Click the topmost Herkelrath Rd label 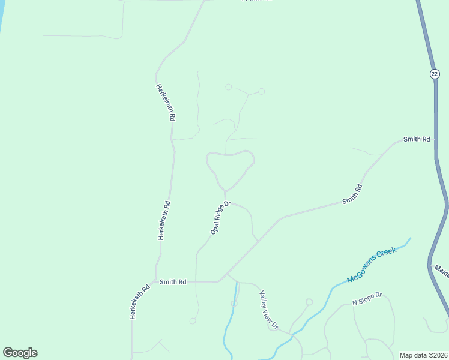click(165, 103)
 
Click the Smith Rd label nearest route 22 click(417, 139)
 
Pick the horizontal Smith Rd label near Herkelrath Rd click(173, 281)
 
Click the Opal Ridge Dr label click(220, 217)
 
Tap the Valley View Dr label click(268, 310)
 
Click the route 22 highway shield click(435, 74)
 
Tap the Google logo click(20, 353)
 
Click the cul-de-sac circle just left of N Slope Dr click(309, 302)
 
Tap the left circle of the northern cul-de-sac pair click(229, 87)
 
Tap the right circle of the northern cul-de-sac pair click(261, 91)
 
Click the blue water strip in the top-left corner click(2, 15)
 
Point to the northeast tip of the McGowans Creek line click(411, 239)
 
